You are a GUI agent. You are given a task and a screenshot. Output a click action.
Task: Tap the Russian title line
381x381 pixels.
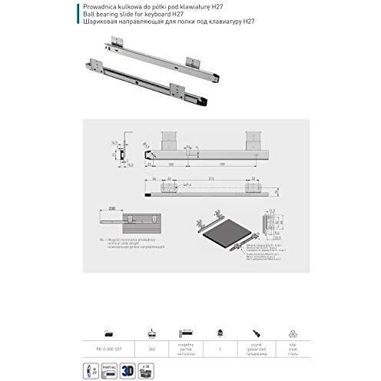(x=154, y=22)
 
